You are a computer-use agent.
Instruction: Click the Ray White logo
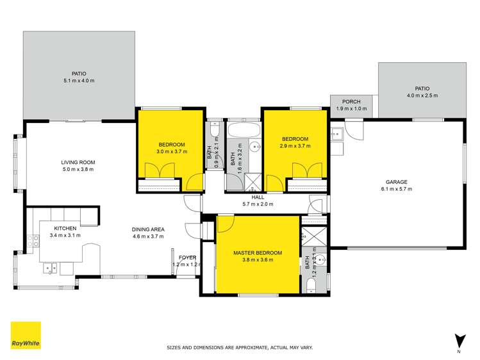26,336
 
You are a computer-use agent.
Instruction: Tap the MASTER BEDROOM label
258,252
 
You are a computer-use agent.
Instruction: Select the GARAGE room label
396,181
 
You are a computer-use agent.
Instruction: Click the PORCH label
351,101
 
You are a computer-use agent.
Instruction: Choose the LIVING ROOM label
78,162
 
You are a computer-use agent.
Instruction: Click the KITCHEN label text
65,228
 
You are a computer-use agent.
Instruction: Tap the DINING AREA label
149,229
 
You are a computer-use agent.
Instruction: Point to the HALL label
258,197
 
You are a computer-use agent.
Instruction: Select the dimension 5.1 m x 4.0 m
79,81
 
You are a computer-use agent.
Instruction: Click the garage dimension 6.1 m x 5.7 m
396,188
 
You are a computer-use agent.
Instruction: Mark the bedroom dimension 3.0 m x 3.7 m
171,152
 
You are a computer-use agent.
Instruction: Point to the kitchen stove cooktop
31,241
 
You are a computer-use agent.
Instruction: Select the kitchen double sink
50,268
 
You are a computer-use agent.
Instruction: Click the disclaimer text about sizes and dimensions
240,347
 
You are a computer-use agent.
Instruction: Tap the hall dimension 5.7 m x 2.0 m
258,204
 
